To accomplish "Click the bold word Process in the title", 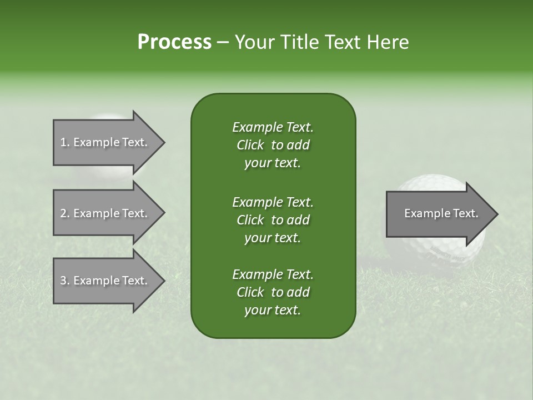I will (x=174, y=42).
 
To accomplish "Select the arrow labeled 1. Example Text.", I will (x=105, y=142).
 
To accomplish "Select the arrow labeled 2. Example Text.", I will (x=105, y=213).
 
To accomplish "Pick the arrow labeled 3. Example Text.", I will (x=105, y=281).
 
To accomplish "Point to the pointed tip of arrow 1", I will (x=164, y=142).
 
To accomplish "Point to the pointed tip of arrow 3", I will (x=164, y=281).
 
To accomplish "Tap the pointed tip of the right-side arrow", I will (x=497, y=214).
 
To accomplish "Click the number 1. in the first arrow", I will (x=65, y=143).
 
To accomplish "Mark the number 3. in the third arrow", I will (x=65, y=281).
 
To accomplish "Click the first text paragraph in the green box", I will (x=273, y=145).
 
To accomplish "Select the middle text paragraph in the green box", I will (x=273, y=220).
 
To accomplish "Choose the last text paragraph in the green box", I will (x=273, y=292).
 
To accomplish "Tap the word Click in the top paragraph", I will (x=250, y=146).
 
